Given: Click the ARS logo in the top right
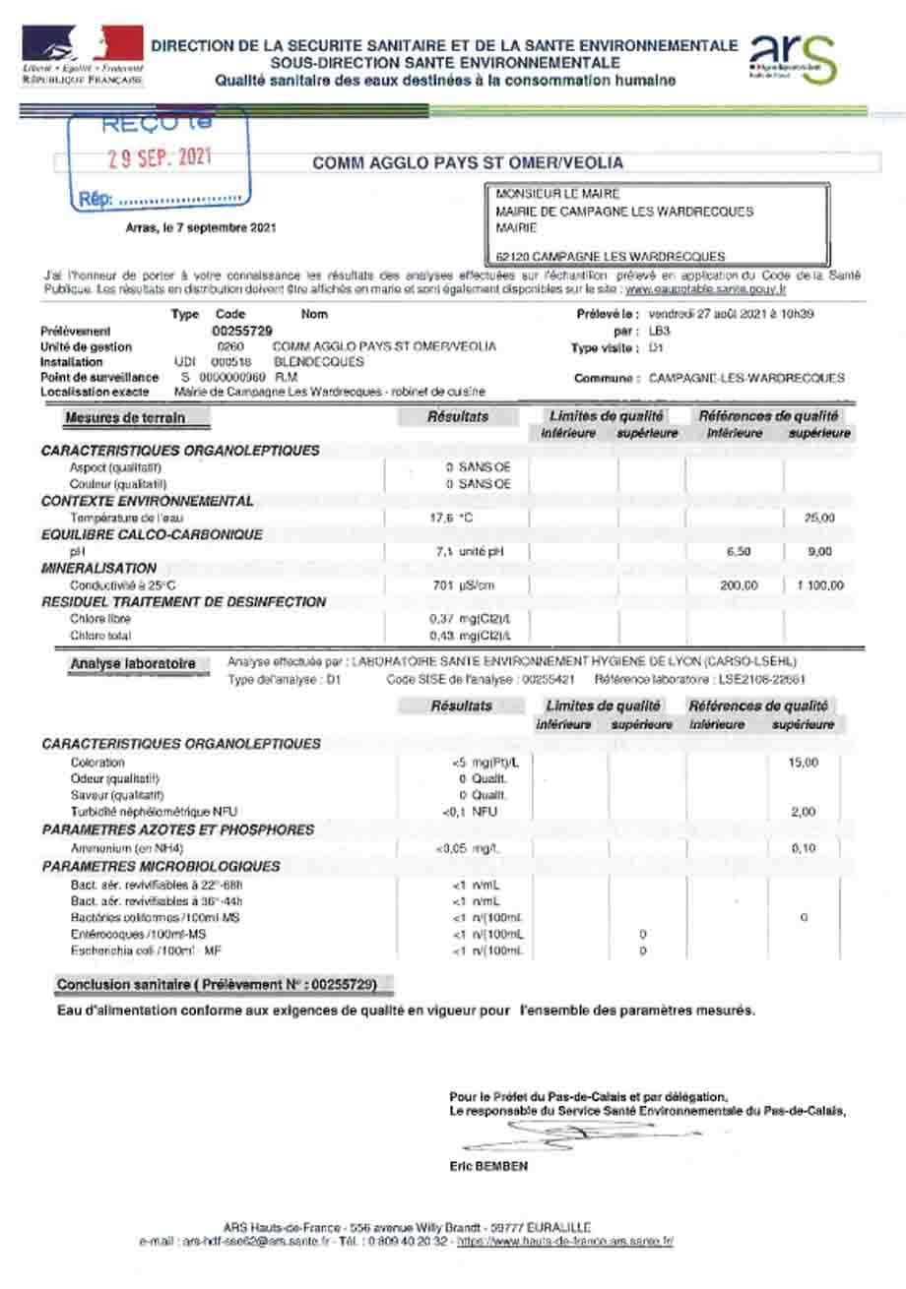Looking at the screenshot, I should click(x=794, y=58).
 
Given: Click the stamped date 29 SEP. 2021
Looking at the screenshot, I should click(x=160, y=159).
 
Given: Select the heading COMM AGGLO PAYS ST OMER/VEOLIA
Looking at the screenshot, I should click(x=468, y=163).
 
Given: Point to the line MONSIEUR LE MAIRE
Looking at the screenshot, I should click(x=557, y=195).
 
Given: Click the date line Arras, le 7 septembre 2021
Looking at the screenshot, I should click(x=201, y=228).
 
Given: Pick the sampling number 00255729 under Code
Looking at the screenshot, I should click(x=242, y=331).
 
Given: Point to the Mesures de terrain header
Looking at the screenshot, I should click(x=124, y=417).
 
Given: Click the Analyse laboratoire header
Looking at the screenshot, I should click(x=132, y=664).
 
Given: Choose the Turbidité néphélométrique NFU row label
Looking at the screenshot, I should click(x=155, y=812).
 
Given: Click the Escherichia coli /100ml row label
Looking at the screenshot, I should click(x=145, y=951).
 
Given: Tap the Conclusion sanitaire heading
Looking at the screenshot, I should click(x=216, y=984).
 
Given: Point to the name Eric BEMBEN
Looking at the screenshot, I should click(x=487, y=1167).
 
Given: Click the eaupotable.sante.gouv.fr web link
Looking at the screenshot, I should click(x=706, y=290).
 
